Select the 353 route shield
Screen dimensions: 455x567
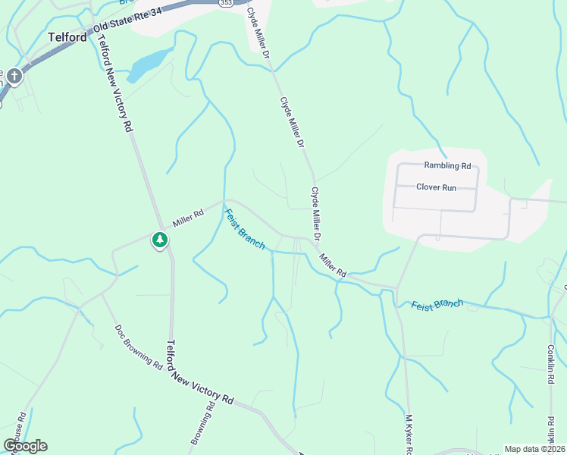tap(226, 3)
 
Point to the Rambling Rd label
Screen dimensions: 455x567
tap(447, 165)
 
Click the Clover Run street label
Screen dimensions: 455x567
tap(436, 187)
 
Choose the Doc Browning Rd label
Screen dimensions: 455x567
tap(139, 347)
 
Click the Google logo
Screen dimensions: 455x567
tap(25, 445)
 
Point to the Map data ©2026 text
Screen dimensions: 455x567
tap(534, 449)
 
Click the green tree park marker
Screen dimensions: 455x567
tap(159, 240)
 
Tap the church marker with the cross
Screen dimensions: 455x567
tap(14, 76)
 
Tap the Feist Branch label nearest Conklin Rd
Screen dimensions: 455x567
tap(437, 304)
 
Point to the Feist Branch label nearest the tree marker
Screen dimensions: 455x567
tap(245, 228)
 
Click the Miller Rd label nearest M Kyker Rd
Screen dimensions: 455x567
tap(333, 265)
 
